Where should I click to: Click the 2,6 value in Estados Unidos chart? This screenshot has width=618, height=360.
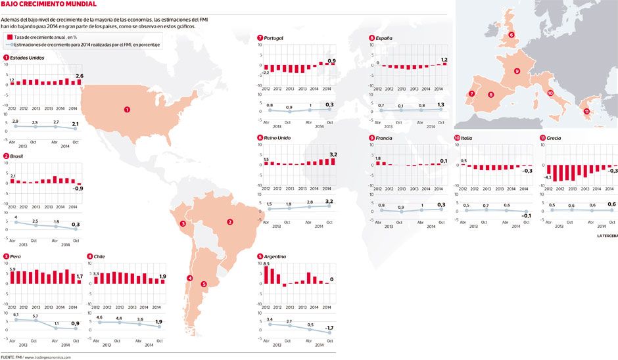pyautogui.click(x=80, y=76)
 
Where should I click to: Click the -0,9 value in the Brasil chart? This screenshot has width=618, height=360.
pyautogui.click(x=78, y=189)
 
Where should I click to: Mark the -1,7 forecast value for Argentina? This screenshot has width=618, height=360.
pyautogui.click(x=329, y=327)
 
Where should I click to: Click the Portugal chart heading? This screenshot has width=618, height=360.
pyautogui.click(x=273, y=38)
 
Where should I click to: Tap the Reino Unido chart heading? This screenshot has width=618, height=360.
pyautogui.click(x=277, y=138)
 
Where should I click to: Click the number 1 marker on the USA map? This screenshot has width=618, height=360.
pyautogui.click(x=127, y=110)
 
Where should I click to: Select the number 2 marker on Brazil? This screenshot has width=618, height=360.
pyautogui.click(x=230, y=222)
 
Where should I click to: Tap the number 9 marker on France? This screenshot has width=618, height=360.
pyautogui.click(x=517, y=71)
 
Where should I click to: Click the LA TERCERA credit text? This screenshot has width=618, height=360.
pyautogui.click(x=607, y=235)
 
